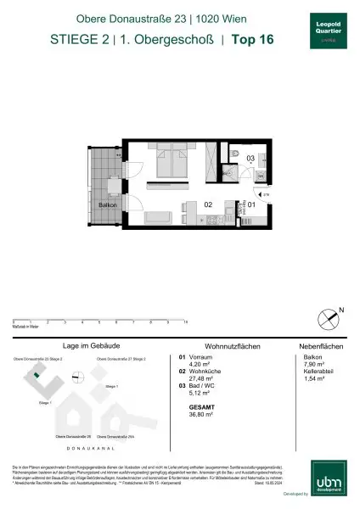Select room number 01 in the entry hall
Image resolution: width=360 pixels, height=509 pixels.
coord(251,204)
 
